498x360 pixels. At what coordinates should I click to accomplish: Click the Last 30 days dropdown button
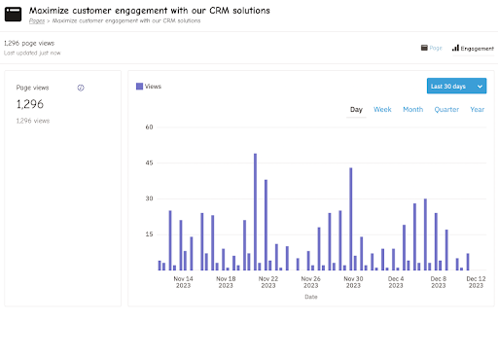[456, 87]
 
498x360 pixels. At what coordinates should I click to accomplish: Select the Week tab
[382, 110]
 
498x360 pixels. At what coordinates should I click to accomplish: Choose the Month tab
[412, 110]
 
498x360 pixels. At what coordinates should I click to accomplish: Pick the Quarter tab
[446, 110]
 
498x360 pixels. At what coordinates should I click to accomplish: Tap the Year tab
[477, 110]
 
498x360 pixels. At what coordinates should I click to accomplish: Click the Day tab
[356, 110]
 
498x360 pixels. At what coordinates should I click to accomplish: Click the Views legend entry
[150, 87]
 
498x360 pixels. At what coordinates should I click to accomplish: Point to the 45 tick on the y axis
[149, 162]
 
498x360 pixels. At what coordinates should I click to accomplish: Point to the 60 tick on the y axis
[149, 126]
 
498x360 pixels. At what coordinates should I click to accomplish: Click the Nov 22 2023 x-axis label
[267, 282]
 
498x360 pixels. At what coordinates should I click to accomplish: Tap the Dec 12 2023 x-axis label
[477, 282]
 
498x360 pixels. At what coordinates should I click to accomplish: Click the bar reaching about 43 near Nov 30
[350, 218]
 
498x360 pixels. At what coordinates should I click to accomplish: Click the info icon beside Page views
[81, 88]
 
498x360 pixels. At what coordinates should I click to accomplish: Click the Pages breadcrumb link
[36, 19]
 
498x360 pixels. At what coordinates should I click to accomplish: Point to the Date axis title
[310, 297]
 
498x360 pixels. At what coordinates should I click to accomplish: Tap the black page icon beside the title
[14, 14]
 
